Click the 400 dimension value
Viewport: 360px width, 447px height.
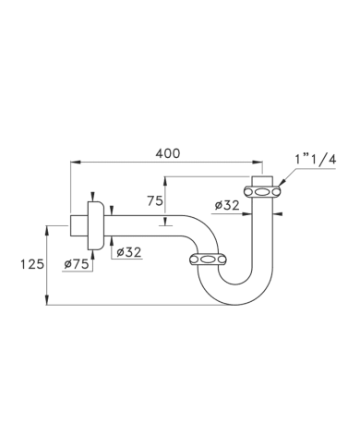point(167,153)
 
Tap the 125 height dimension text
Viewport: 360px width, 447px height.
point(32,264)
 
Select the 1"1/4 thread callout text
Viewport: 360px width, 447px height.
point(316,160)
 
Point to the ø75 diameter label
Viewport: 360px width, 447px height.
point(77,264)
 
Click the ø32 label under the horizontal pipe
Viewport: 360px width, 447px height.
point(129,252)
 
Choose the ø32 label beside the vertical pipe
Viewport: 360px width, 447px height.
point(227,205)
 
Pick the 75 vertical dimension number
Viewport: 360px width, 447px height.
point(155,201)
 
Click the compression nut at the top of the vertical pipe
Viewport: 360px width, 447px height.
point(262,192)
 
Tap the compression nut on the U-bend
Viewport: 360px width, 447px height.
point(208,260)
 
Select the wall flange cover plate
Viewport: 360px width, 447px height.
point(96,225)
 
